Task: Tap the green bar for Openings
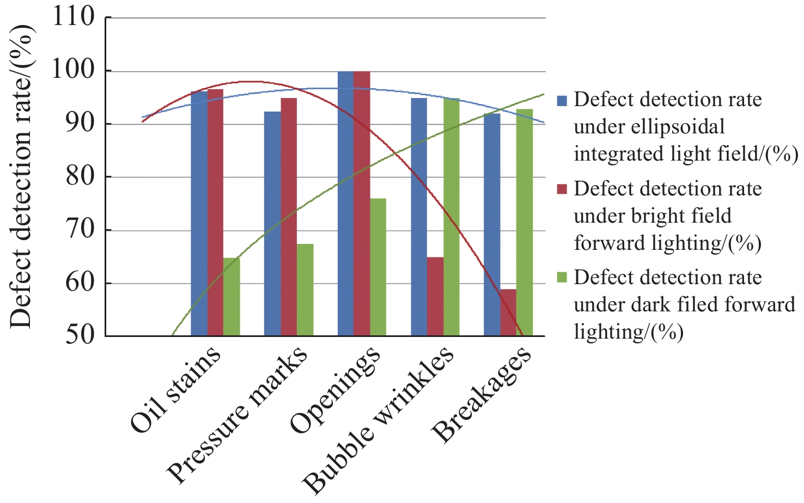pyautogui.click(x=378, y=267)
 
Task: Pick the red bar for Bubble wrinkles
pyautogui.click(x=435, y=296)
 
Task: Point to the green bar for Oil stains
pyautogui.click(x=232, y=297)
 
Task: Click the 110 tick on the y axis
pyautogui.click(x=73, y=17)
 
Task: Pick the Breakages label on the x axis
pyautogui.click(x=481, y=394)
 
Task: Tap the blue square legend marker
pyautogui.click(x=562, y=100)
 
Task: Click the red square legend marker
pyautogui.click(x=562, y=189)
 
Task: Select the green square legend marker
pyautogui.click(x=562, y=278)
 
